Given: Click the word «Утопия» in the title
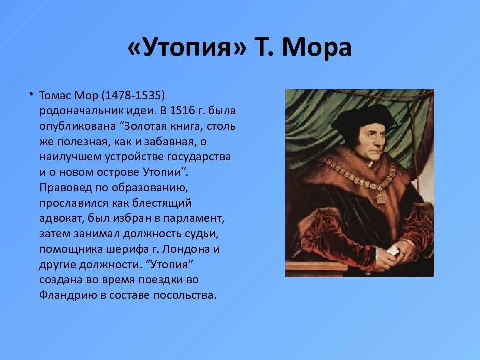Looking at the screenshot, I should point(187,48).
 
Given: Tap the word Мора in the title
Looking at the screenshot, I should point(317,48).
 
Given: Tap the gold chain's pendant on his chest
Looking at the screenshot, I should point(381,197).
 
